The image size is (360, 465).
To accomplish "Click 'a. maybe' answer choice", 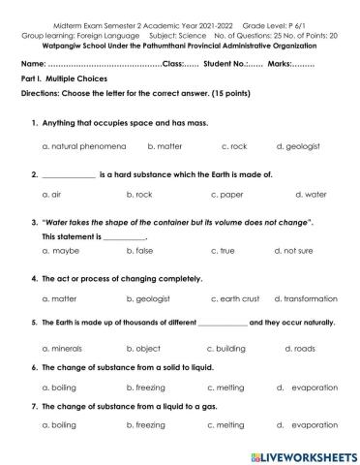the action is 61,250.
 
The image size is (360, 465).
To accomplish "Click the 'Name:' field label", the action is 33,63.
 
